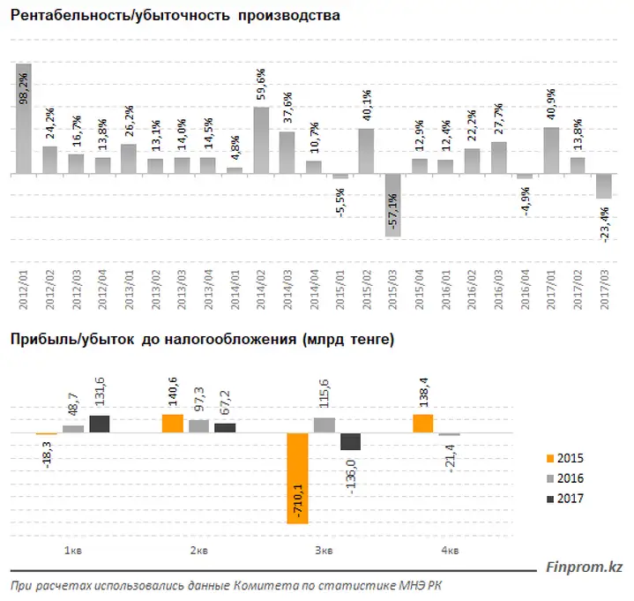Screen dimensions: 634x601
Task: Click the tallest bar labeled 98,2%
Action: pos(24,118)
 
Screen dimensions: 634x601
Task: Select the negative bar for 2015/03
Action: pos(392,206)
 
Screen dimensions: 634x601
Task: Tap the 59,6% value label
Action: pos(261,84)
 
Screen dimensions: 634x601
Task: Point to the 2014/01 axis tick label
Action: pos(235,289)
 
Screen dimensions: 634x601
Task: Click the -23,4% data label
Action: pos(604,225)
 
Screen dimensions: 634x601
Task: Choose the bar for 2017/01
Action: pos(551,151)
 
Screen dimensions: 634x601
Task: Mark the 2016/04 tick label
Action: pos(525,289)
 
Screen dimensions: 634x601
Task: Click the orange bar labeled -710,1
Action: pos(297,478)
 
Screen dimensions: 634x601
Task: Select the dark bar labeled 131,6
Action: pos(100,424)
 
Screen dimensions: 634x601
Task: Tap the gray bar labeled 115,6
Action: pos(324,425)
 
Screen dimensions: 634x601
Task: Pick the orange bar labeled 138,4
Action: pos(423,424)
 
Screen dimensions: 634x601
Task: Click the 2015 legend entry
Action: pos(565,459)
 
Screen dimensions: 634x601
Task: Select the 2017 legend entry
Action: pos(565,499)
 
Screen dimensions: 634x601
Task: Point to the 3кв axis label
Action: pos(324,551)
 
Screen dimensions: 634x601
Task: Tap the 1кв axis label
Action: pos(73,551)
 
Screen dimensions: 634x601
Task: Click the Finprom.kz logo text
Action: pos(585,567)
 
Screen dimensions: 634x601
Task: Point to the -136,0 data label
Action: pos(351,477)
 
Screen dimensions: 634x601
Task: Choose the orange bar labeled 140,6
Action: pos(173,424)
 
